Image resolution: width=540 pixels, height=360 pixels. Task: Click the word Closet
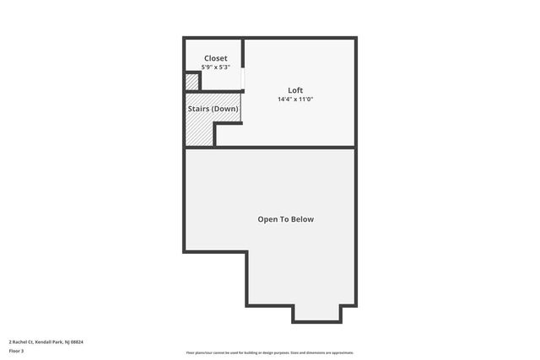[215, 59]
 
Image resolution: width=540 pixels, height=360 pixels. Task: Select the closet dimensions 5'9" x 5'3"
[215, 67]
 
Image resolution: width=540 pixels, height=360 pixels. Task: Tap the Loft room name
[295, 90]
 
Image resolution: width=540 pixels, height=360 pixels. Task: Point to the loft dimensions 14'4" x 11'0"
[295, 99]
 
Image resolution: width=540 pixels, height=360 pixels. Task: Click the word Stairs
[198, 110]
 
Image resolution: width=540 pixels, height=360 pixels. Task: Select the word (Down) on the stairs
[224, 110]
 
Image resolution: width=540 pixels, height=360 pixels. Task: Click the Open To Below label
[285, 219]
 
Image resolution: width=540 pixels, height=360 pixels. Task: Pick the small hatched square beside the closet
[192, 82]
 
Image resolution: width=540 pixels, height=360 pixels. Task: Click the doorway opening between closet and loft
[243, 78]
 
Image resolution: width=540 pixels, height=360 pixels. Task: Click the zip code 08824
[78, 341]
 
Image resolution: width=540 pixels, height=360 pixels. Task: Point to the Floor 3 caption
[16, 350]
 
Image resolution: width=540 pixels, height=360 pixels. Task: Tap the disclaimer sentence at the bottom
[269, 352]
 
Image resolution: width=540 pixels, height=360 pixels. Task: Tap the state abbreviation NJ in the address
[67, 341]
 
